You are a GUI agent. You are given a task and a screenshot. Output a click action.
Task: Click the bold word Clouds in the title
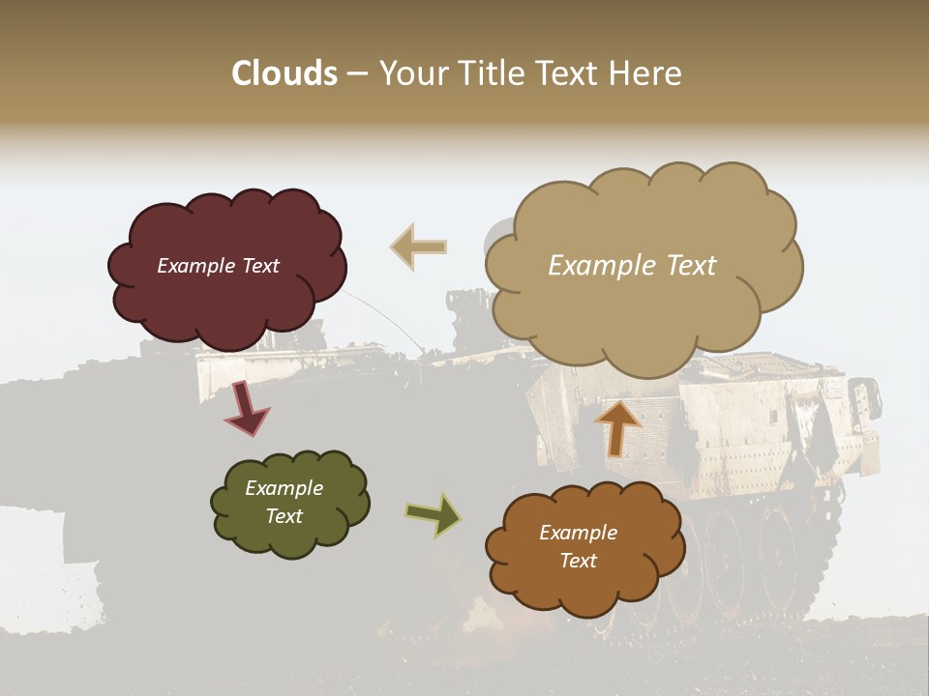[x=285, y=73]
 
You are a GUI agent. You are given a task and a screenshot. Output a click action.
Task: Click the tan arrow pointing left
[x=419, y=247]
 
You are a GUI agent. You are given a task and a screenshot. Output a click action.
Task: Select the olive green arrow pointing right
[x=433, y=514]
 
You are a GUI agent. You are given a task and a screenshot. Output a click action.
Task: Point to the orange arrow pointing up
[x=616, y=427]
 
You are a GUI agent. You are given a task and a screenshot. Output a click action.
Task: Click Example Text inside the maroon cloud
[x=218, y=266]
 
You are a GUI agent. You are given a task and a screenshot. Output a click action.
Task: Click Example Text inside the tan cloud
[x=632, y=266]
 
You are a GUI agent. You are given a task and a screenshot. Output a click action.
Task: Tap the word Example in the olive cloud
[x=284, y=488]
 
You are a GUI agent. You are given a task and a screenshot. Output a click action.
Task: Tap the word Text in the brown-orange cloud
[x=578, y=561]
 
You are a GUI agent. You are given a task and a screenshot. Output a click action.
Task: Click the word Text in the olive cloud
[x=284, y=516]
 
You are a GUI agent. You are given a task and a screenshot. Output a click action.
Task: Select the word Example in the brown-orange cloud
[x=578, y=533]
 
